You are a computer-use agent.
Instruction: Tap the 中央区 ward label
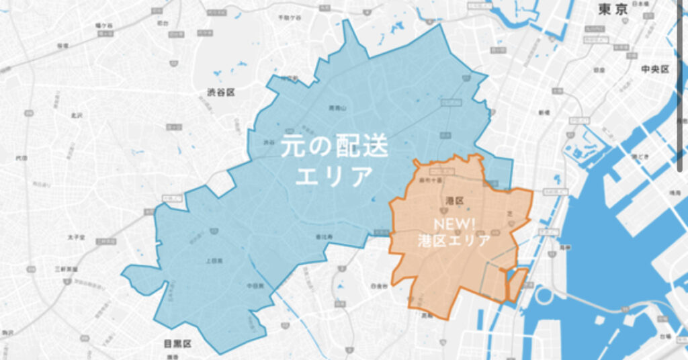point(654,69)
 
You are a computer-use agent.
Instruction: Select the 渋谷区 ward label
point(221,92)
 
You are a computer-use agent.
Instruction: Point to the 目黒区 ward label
point(177,344)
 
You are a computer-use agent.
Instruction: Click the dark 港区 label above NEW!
point(455,201)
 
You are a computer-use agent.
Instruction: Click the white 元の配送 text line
point(335,145)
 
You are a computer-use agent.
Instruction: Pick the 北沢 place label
point(76,116)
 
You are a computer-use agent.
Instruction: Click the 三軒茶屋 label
point(67,269)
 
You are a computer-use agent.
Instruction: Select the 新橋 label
point(544,112)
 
